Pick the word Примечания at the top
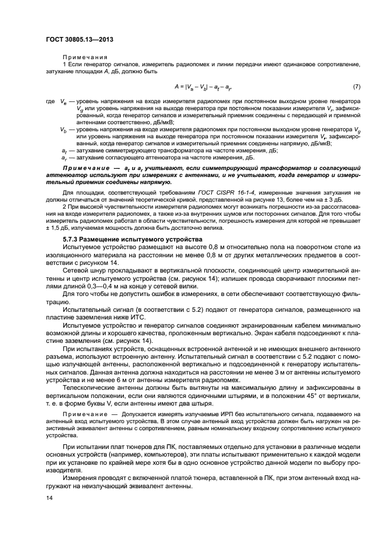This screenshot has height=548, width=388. pos(77,56)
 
